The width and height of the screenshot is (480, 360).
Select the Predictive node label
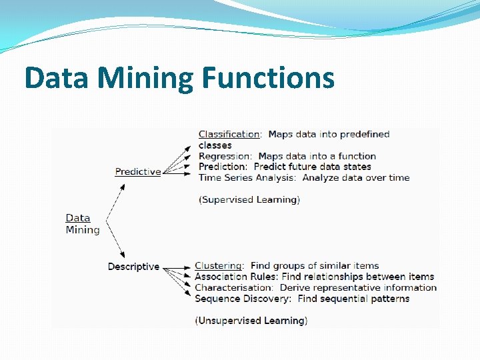[138, 171]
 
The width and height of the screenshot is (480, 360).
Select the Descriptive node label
[133, 267]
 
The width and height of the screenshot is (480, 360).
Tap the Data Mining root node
[82, 224]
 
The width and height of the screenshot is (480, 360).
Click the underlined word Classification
[229, 134]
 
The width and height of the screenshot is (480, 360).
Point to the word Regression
[225, 156]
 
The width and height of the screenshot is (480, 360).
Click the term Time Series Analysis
[246, 177]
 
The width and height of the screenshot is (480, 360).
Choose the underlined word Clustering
[218, 265]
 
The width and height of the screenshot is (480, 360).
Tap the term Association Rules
[235, 277]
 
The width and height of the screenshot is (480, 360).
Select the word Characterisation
[234, 287]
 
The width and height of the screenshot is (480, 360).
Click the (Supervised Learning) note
[249, 199]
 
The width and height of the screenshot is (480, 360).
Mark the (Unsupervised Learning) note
[251, 321]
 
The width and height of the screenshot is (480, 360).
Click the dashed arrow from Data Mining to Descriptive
[115, 243]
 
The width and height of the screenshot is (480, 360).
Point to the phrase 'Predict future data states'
[313, 167]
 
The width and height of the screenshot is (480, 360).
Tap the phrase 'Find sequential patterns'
[353, 299]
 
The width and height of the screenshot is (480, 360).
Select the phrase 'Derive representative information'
[358, 287]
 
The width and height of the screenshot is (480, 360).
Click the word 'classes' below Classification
[215, 145]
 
